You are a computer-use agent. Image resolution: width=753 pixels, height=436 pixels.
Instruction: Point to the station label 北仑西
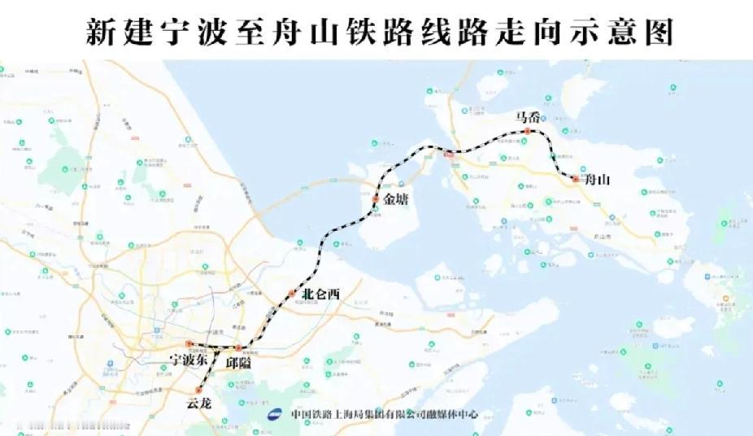tap(320, 294)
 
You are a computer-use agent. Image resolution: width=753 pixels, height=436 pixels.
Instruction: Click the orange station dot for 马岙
tap(527, 131)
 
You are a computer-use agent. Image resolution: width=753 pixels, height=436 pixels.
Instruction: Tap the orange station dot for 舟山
tap(575, 178)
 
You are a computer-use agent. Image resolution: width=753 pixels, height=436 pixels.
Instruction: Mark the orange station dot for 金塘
tap(376, 199)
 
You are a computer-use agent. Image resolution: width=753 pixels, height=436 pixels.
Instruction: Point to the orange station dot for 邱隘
tap(237, 348)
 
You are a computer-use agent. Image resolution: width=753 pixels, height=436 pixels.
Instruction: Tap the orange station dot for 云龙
tap(198, 390)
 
